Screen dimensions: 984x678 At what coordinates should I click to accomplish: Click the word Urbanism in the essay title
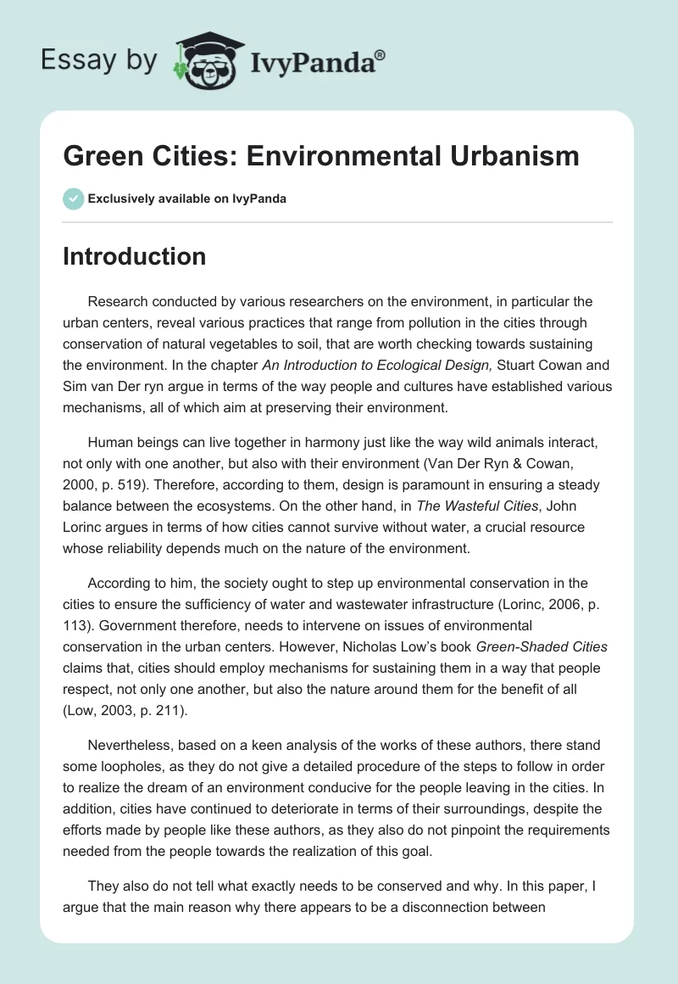(x=505, y=156)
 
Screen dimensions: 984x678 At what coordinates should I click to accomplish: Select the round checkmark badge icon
(x=73, y=198)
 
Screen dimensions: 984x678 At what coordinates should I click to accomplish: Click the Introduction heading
(x=134, y=256)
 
